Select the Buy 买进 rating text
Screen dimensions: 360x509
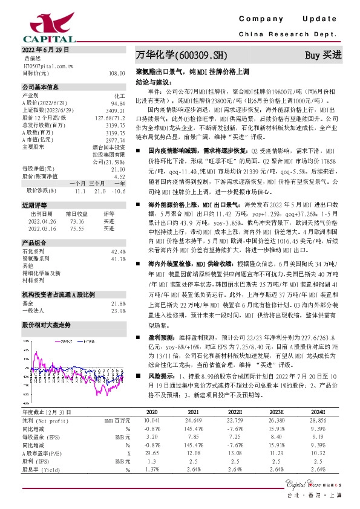[323, 55]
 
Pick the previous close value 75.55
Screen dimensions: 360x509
[77, 229]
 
